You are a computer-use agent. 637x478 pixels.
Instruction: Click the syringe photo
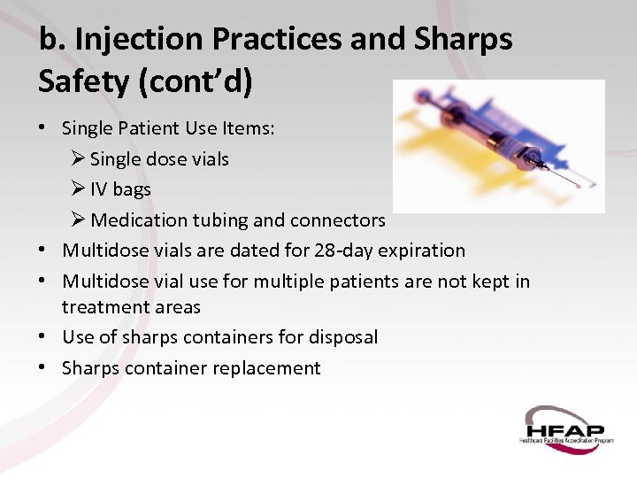pos(498,146)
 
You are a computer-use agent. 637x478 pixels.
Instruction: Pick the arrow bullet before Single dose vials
pos(78,159)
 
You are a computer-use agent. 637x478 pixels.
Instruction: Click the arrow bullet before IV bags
pos(78,189)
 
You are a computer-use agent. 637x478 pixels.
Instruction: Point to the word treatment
pos(97,307)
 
